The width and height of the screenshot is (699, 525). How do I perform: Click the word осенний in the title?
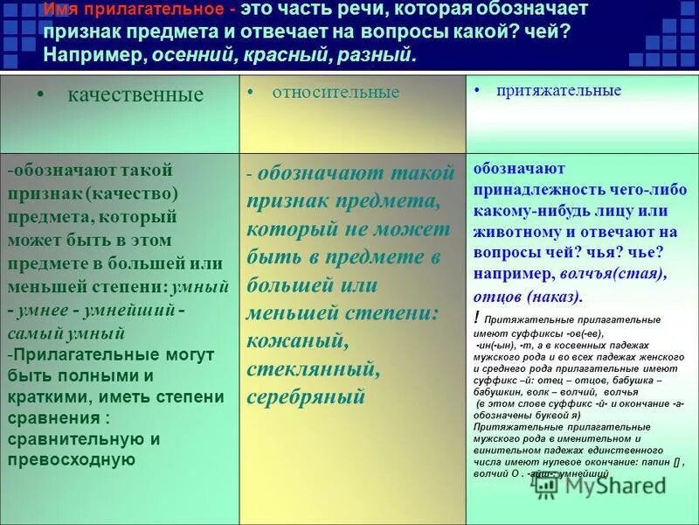pyautogui.click(x=188, y=55)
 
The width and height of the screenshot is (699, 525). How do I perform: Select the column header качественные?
pyautogui.click(x=135, y=95)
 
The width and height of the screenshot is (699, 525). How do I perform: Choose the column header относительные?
pyautogui.click(x=336, y=92)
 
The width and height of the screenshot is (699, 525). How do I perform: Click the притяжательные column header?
pyautogui.click(x=559, y=90)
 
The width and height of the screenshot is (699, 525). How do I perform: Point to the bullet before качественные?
pyautogui.click(x=40, y=94)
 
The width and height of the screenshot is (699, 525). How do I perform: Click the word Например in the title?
pyautogui.click(x=95, y=55)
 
